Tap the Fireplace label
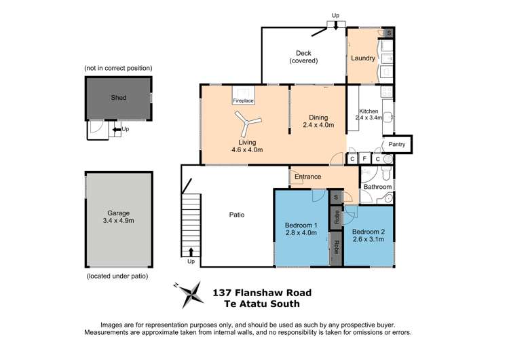tap(244, 101)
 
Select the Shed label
tap(118, 97)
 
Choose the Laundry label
tap(363, 58)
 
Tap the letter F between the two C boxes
tap(365, 159)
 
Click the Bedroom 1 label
tap(301, 229)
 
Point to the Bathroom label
tap(377, 186)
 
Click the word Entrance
tap(307, 177)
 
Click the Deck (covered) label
tap(303, 57)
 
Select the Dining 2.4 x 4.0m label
tap(318, 120)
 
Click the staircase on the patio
tap(191, 223)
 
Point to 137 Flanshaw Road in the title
tap(262, 293)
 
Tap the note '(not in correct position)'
tap(118, 69)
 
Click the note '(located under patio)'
tap(118, 276)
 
